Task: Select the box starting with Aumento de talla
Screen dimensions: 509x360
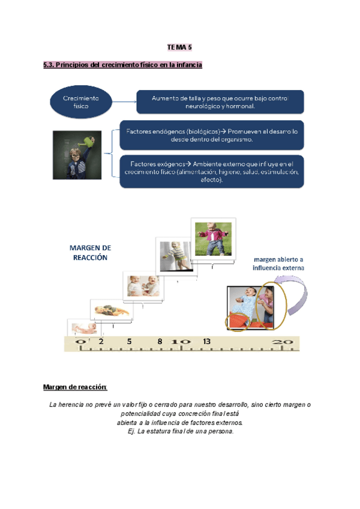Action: (220, 101)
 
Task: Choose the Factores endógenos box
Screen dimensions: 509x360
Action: (211, 134)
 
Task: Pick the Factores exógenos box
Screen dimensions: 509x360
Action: (211, 171)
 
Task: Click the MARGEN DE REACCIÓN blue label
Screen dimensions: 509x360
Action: (90, 252)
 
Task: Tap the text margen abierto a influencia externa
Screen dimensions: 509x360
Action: (278, 264)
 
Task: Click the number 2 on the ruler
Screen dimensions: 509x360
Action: (101, 341)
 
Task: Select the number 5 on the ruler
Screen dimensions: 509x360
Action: (129, 341)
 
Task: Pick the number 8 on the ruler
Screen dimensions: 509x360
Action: (160, 341)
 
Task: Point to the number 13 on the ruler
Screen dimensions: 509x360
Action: (206, 341)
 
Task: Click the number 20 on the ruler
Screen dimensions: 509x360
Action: (283, 342)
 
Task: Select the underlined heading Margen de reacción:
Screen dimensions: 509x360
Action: (75, 386)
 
